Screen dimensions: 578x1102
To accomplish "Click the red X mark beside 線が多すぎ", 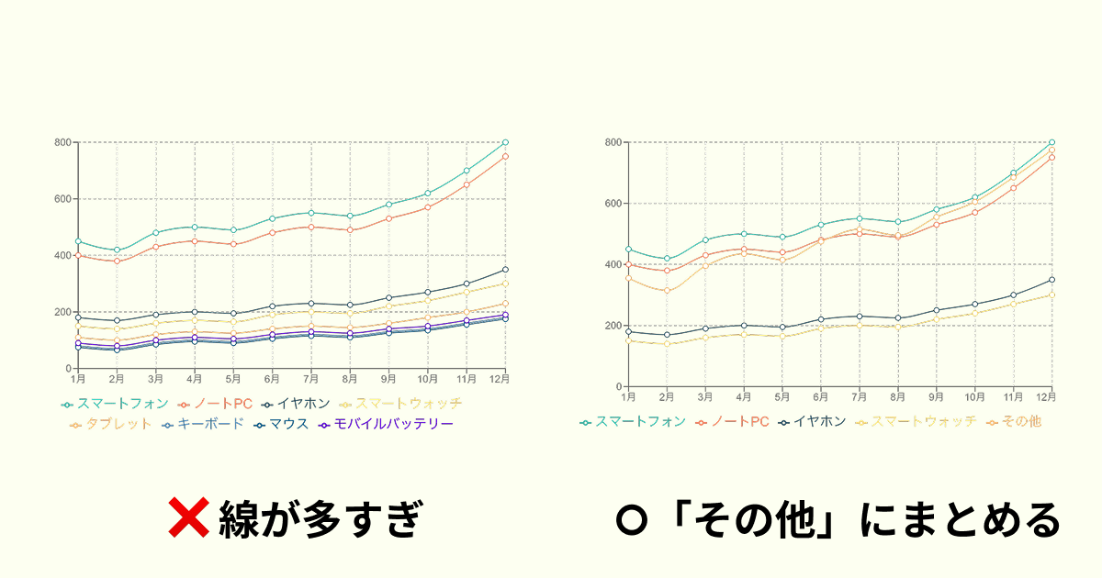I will coord(190,519).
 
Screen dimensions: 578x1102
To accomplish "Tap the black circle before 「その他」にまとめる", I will coord(631,520).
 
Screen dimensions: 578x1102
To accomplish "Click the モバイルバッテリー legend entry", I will coord(386,424).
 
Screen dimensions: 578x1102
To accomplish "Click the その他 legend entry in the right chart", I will coord(1014,422).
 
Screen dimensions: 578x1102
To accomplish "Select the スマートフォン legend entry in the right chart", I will coord(633,422).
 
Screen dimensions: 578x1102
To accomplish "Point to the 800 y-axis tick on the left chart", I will coord(62,142).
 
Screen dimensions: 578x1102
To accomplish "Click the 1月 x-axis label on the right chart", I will coord(628,396).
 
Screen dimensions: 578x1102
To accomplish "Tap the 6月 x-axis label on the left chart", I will coord(272,378).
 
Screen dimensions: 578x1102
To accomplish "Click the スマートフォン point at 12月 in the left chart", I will coord(505,142).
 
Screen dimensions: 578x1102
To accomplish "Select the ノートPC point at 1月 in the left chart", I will coord(78,255).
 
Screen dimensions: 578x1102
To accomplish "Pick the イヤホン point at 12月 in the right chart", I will coord(1051,280).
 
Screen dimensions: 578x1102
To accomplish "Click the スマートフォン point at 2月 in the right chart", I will coord(667,259).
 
